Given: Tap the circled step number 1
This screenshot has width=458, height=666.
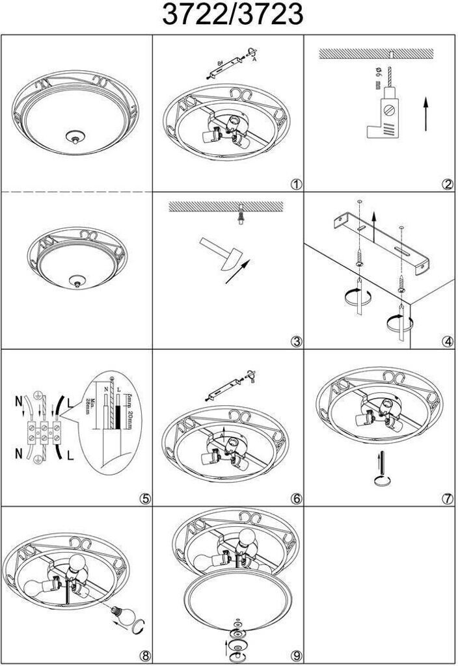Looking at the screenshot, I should point(297,184).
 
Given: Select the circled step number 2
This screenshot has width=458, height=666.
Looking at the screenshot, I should point(446,184).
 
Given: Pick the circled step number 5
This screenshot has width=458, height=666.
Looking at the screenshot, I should point(145,499).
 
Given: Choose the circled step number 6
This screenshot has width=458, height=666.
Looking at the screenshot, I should point(297,499).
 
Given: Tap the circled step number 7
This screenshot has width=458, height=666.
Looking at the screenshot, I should point(446,499).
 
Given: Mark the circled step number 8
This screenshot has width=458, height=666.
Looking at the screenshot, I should point(145,656).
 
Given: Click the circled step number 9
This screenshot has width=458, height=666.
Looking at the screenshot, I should point(297,656).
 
